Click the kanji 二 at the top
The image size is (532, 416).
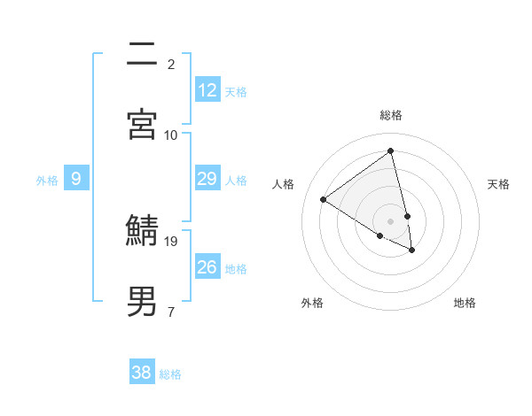(142, 53)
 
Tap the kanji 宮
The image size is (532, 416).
(142, 124)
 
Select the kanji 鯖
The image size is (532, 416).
(142, 231)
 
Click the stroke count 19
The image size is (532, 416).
(172, 241)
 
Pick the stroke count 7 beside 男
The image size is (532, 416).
(171, 312)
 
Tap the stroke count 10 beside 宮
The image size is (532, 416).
(171, 135)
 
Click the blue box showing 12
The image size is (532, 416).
(207, 90)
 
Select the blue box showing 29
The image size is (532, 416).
(207, 179)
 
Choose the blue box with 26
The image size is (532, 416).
(207, 267)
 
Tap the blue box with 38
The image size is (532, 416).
(142, 373)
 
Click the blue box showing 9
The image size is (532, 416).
(76, 179)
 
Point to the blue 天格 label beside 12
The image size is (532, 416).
(236, 91)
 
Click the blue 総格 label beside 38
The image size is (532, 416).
(170, 374)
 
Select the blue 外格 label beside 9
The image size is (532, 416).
(47, 181)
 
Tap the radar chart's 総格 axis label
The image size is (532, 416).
(391, 115)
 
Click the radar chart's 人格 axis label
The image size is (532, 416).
(284, 184)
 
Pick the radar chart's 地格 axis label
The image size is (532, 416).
(465, 303)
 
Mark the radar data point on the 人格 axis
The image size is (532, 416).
(324, 200)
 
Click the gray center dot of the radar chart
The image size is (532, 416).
(391, 220)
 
